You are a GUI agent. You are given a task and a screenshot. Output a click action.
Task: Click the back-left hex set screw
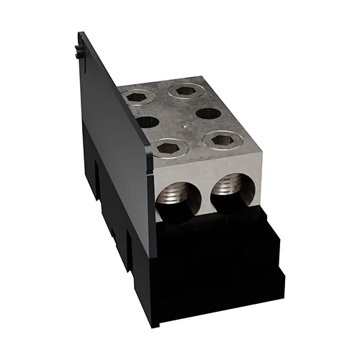pyautogui.click(x=134, y=96)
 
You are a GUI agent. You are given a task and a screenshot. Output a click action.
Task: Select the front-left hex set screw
pyautogui.click(x=169, y=148)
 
